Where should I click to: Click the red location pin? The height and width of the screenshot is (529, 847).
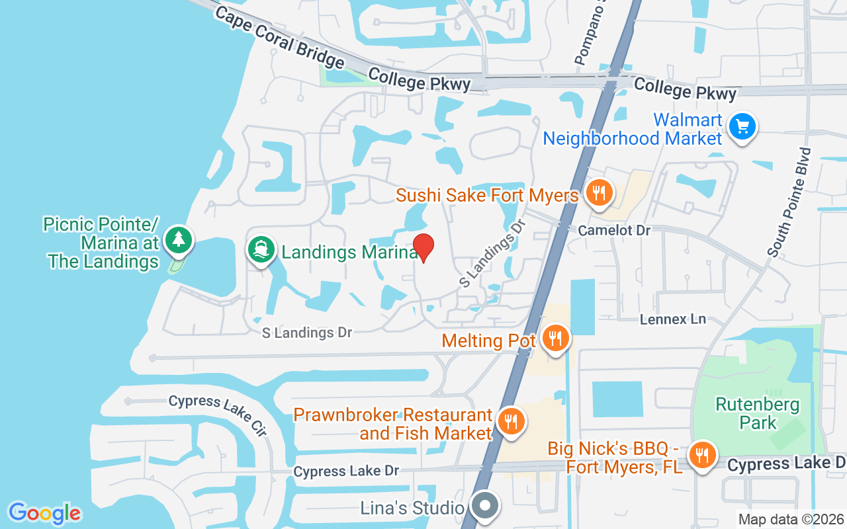(423, 247)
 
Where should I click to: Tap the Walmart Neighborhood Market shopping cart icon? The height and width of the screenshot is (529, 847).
(742, 126)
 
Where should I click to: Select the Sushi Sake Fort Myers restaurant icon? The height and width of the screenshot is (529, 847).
(599, 194)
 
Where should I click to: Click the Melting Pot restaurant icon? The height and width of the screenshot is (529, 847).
(555, 339)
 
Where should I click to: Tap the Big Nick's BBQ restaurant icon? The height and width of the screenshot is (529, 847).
(701, 455)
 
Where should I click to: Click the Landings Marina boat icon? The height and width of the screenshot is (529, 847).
(261, 249)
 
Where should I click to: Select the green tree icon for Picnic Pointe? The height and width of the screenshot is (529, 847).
(178, 241)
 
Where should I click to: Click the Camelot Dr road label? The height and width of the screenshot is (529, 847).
(614, 230)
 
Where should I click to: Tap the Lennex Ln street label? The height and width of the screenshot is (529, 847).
(673, 319)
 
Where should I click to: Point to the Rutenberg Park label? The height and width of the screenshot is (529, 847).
(758, 413)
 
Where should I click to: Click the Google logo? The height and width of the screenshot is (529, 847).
(44, 512)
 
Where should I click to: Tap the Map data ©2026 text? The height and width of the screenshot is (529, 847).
(791, 519)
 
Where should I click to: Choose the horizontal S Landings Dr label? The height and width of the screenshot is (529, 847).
(307, 333)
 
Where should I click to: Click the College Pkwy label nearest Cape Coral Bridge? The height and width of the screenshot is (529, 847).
(420, 80)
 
